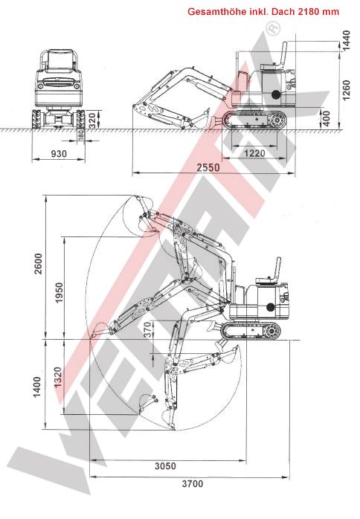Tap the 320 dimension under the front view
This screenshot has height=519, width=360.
[91, 119]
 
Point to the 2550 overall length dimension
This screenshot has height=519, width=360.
[208, 168]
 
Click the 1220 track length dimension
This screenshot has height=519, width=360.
[254, 152]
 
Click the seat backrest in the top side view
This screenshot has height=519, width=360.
[284, 55]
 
